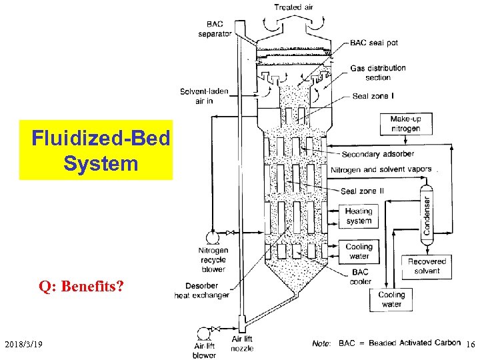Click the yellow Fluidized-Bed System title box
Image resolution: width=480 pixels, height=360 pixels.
pyautogui.click(x=96, y=150)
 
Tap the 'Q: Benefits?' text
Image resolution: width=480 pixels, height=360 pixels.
pyautogui.click(x=82, y=287)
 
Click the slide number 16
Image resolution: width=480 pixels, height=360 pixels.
pyautogui.click(x=470, y=344)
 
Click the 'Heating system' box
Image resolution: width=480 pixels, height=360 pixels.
pyautogui.click(x=359, y=216)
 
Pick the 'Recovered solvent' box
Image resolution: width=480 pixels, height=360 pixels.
pyautogui.click(x=427, y=266)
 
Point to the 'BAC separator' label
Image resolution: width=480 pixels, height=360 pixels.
pyautogui.click(x=215, y=29)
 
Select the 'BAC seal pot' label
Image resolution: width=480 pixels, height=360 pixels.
pyautogui.click(x=374, y=43)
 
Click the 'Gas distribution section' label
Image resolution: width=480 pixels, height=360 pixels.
pyautogui.click(x=377, y=73)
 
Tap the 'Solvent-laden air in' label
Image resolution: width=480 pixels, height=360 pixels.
pyautogui.click(x=195, y=96)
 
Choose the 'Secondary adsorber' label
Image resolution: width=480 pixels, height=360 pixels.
pyautogui.click(x=377, y=155)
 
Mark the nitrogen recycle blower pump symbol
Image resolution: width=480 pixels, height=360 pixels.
pyautogui.click(x=213, y=237)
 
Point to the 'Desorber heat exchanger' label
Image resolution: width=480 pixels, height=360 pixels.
pyautogui.click(x=201, y=290)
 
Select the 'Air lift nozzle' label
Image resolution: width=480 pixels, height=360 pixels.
pyautogui.click(x=242, y=344)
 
